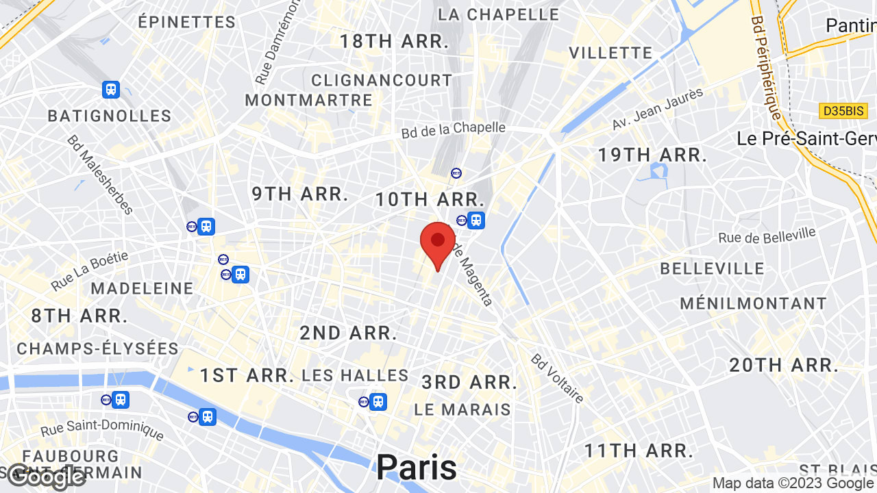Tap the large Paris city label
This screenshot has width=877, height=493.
[x=417, y=468]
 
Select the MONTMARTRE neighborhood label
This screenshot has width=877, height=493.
[x=308, y=100]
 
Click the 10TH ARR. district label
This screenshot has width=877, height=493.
[x=430, y=200]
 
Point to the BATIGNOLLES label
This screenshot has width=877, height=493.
[x=109, y=116]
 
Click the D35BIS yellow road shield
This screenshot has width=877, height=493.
[x=843, y=110]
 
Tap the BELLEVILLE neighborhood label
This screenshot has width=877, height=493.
[x=712, y=268]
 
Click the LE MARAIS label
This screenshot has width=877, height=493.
[x=462, y=409]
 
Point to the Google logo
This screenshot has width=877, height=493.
[x=46, y=476]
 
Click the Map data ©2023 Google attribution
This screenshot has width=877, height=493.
[x=793, y=483]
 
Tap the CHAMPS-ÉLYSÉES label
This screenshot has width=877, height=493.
[x=97, y=349]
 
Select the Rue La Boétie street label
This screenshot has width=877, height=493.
[x=89, y=271]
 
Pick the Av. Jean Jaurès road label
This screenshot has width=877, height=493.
[x=657, y=110]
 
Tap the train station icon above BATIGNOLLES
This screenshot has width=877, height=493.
[x=110, y=89]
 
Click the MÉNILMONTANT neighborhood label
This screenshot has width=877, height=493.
[x=753, y=303]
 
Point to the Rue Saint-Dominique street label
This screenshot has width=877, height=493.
[x=102, y=429]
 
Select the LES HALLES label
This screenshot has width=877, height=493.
[x=355, y=375]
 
